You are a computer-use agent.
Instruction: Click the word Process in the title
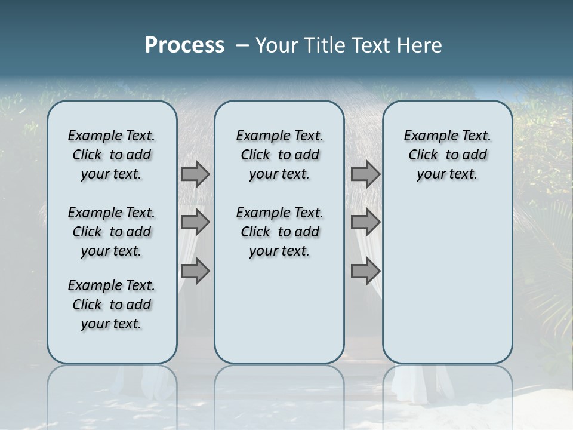coord(184,45)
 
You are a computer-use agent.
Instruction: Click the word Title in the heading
coord(322,45)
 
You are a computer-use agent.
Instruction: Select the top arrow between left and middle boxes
coord(195,174)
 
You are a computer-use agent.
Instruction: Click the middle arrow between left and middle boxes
coord(195,222)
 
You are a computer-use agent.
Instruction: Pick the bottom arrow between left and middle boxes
coord(195,271)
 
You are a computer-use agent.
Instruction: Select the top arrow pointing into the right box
coord(365,174)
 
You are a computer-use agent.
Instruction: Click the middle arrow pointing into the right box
coord(365,222)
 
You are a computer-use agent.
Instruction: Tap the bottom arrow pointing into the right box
coord(365,271)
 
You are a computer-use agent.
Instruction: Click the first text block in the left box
coord(112,155)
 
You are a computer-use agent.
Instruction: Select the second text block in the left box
coord(112,232)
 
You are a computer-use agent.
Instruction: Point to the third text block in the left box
coord(112,305)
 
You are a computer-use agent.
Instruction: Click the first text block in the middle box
coord(279,155)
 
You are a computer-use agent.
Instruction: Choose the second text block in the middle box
coord(279,232)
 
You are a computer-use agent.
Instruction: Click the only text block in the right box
coord(447,155)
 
